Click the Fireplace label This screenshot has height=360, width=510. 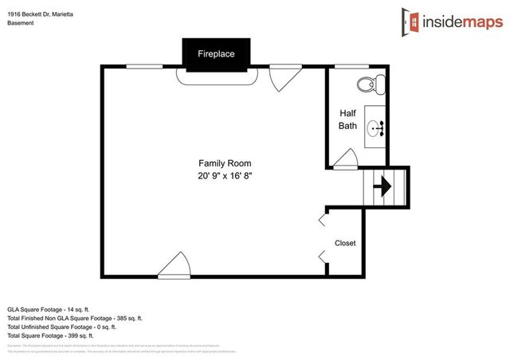217,54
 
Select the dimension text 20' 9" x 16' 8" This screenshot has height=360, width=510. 229,175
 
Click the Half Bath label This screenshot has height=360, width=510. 347,119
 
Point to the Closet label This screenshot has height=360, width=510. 345,243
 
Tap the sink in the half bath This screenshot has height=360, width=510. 376,126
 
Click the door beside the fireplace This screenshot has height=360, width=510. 283,77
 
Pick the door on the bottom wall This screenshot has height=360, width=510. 173,267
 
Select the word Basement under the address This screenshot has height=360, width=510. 21,24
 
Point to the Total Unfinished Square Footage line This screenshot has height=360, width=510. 62,327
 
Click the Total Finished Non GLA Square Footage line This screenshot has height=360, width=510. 75,318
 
